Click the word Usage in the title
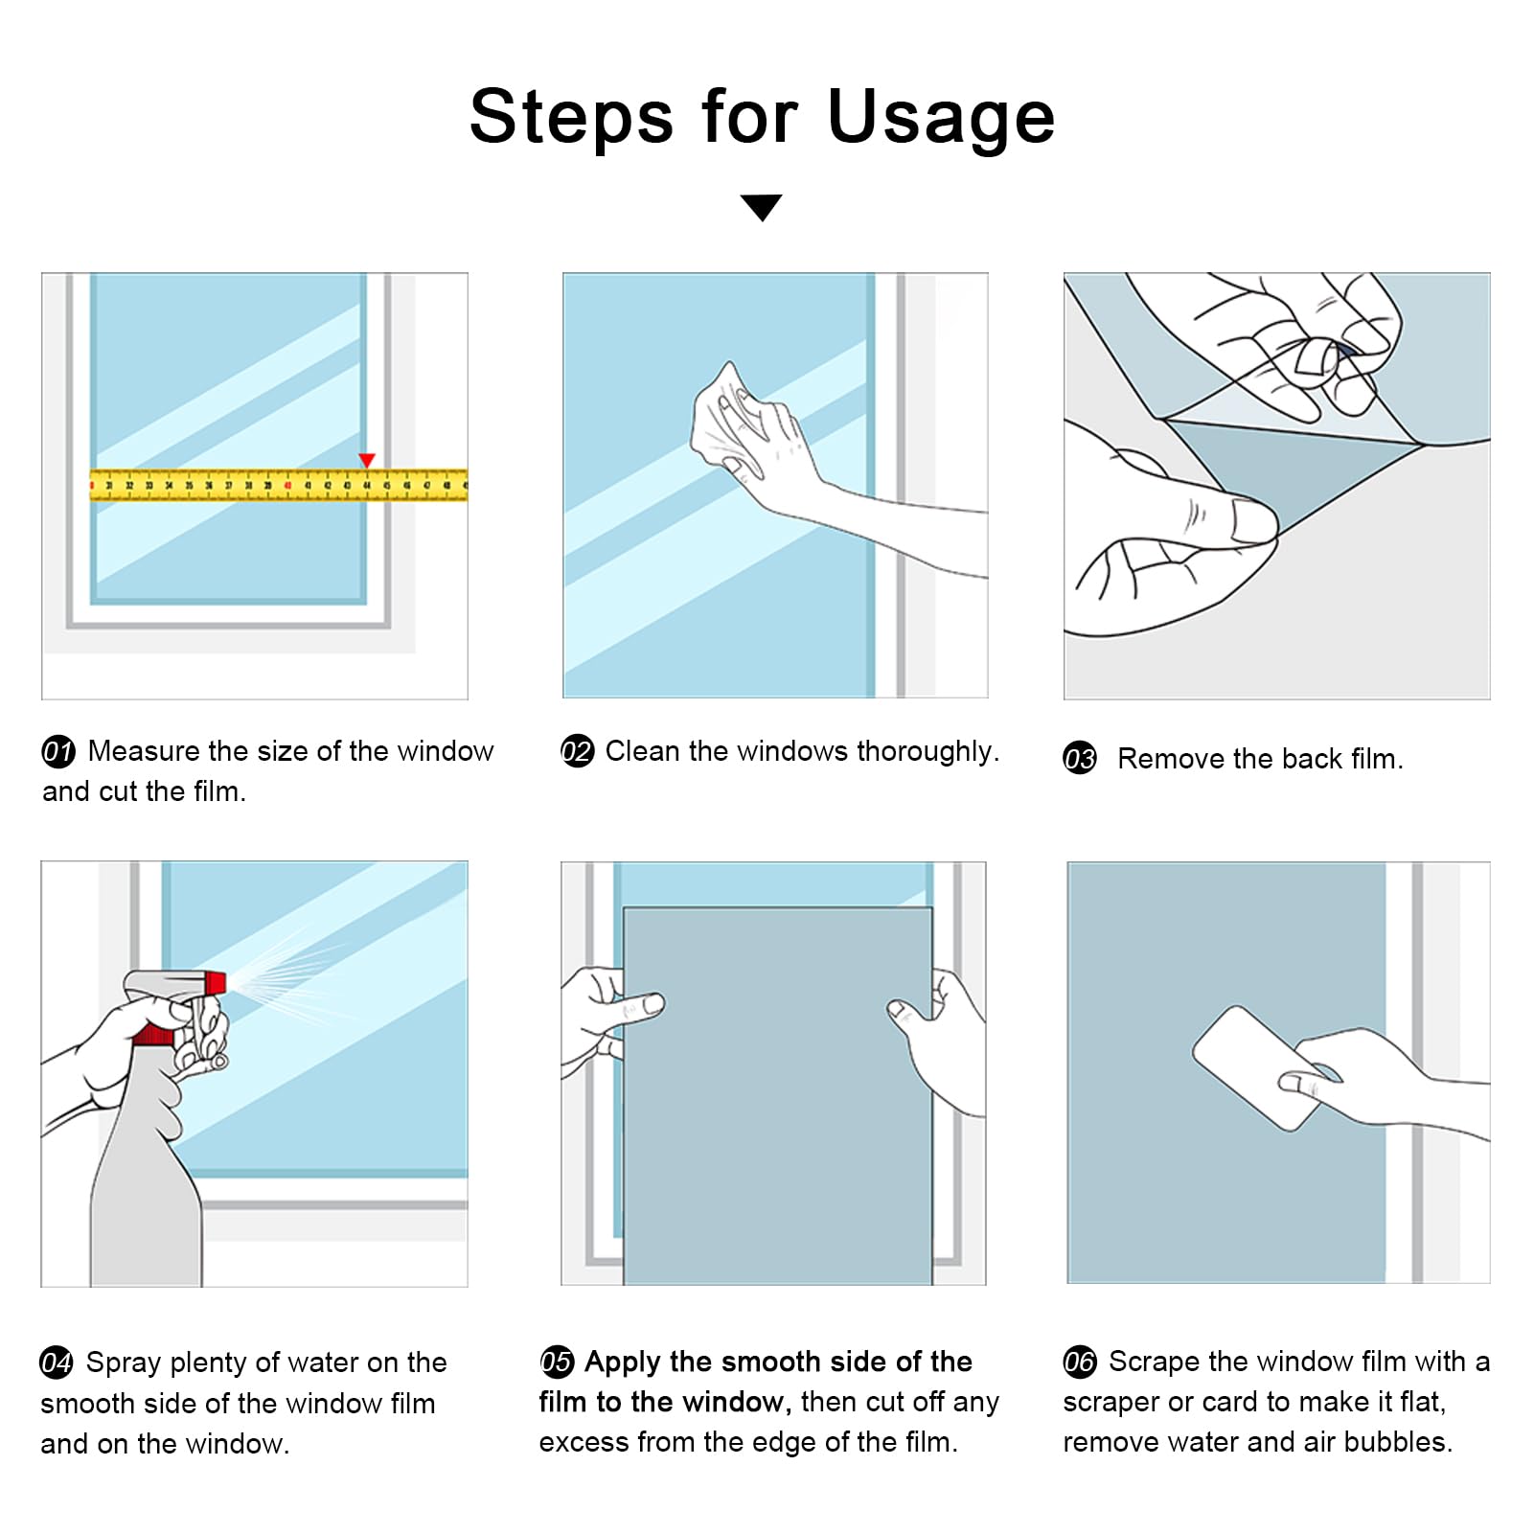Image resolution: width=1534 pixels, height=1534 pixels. tap(940, 117)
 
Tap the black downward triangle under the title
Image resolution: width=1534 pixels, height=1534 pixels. tap(762, 207)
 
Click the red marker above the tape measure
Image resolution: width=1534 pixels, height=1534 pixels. tap(367, 461)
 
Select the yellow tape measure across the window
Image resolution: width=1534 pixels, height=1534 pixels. tap(279, 485)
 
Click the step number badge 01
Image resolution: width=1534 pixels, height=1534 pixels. tap(58, 751)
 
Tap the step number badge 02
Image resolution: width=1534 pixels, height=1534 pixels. tap(578, 751)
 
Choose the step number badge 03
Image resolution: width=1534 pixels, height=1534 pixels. tap(1080, 759)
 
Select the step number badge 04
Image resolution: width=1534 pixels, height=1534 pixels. tap(57, 1362)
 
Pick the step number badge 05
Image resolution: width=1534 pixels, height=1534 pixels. tap(557, 1362)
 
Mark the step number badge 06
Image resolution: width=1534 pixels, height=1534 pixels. tap(1080, 1362)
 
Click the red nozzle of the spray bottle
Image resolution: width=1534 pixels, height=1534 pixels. tap(214, 983)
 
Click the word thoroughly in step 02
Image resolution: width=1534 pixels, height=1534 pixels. tap(927, 752)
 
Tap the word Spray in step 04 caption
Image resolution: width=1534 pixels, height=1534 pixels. tap(123, 1363)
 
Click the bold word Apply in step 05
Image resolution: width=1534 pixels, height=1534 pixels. tap(623, 1362)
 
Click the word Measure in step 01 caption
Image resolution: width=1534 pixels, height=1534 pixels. tap(144, 751)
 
